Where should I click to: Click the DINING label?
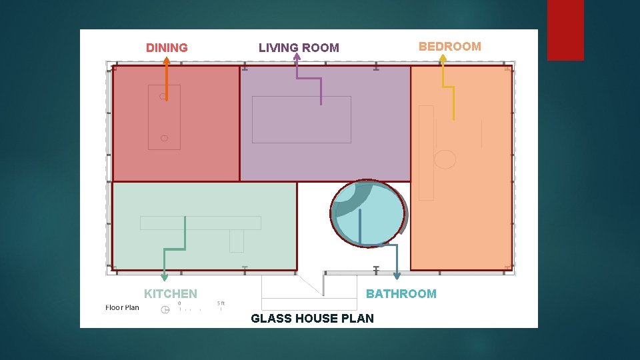(167, 48)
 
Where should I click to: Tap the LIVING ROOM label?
(299, 48)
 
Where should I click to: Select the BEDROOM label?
(449, 47)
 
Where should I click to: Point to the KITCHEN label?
(171, 294)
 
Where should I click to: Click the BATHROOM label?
(401, 294)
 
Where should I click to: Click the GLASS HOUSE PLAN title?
(312, 319)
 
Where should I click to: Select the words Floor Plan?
(123, 307)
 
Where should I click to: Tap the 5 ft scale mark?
(221, 303)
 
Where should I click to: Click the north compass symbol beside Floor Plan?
(165, 310)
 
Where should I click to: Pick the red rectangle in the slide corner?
(565, 30)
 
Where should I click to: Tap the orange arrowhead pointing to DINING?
(167, 61)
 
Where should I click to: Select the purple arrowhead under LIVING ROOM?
(297, 57)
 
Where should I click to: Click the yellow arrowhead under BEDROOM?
(442, 58)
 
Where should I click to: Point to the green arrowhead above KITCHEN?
(165, 277)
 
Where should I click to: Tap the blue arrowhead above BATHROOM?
(397, 276)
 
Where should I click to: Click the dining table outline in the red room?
(164, 117)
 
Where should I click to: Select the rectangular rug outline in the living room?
(301, 119)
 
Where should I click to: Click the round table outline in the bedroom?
(445, 159)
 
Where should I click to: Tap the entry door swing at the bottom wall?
(311, 285)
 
